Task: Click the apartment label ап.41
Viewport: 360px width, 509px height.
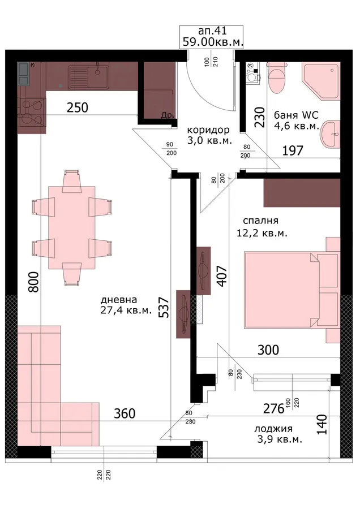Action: (212, 31)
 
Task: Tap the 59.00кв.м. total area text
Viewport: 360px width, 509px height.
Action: (213, 42)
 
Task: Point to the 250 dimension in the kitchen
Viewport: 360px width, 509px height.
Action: (78, 107)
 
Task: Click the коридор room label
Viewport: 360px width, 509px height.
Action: (208, 130)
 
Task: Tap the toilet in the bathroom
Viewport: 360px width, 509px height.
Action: (277, 77)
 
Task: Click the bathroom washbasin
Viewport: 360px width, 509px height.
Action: (330, 133)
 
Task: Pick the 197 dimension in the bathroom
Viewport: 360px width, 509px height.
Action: (293, 150)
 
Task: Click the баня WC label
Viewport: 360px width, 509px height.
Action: (296, 115)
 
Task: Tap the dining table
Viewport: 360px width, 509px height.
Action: (72, 227)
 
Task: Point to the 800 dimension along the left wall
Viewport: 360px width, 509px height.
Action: (34, 282)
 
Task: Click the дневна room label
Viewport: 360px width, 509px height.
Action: (119, 300)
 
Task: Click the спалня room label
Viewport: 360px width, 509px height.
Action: (260, 221)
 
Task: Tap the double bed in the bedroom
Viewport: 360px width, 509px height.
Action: (292, 290)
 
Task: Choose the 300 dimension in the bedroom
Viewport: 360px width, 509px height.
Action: (268, 350)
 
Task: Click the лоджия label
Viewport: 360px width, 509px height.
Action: (273, 429)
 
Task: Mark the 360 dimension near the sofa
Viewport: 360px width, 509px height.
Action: (125, 413)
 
